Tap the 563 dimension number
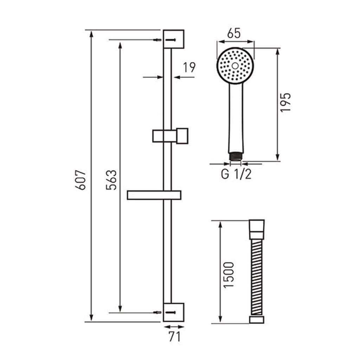tap(111, 180)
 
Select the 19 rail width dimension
tap(189, 67)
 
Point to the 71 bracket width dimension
tap(174, 336)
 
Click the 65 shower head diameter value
tap(234, 33)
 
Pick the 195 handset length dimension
tap(285, 102)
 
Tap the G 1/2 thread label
tap(236, 174)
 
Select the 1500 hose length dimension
tap(229, 275)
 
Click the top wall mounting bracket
tap(174, 39)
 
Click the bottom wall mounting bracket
tap(174, 312)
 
